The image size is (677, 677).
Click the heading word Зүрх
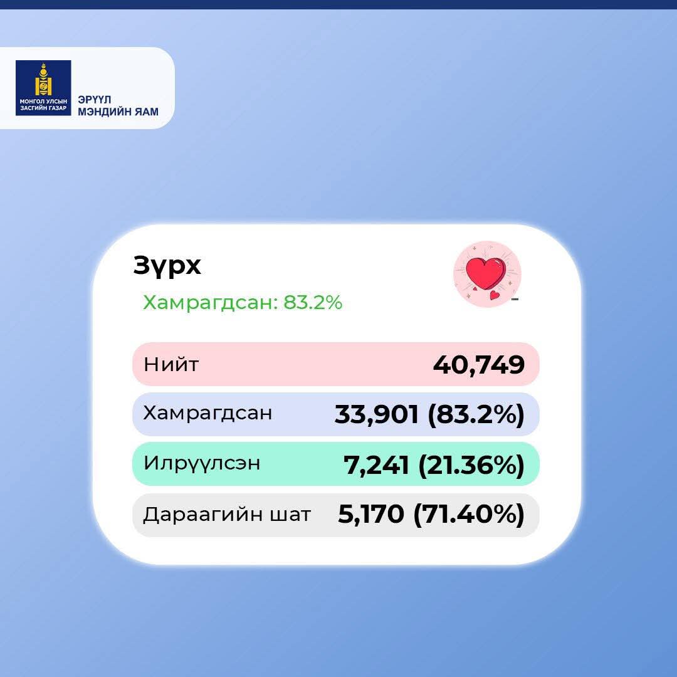click(x=167, y=266)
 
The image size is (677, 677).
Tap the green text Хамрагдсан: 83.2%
click(x=243, y=302)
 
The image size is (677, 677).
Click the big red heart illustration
click(x=486, y=273)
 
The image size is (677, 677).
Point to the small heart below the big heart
click(x=495, y=295)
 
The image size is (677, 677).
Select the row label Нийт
click(x=171, y=364)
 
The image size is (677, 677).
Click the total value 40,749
click(x=479, y=364)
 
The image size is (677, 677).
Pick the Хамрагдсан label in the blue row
click(x=207, y=412)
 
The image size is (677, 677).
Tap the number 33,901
click(x=377, y=414)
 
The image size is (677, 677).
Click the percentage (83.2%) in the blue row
click(x=476, y=414)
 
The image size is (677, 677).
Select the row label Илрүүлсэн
click(x=202, y=463)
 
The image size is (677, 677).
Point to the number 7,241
click(x=376, y=464)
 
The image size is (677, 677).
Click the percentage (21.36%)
click(x=471, y=464)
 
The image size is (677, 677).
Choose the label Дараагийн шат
click(x=227, y=514)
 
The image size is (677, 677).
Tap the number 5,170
click(x=371, y=514)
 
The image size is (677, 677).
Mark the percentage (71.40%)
click(x=469, y=514)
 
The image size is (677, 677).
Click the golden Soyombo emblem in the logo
click(x=43, y=80)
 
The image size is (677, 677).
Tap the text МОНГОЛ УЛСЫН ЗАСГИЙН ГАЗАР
click(x=43, y=105)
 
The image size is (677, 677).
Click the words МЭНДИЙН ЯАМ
click(x=118, y=112)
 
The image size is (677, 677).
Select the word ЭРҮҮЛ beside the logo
click(x=95, y=99)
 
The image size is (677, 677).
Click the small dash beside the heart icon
click(x=515, y=299)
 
